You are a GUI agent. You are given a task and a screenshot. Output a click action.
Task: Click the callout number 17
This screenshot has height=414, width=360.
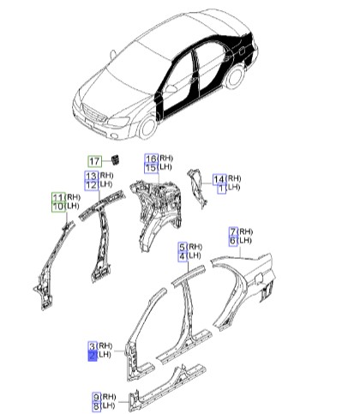point(94,161)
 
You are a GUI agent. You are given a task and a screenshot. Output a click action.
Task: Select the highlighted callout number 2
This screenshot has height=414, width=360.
point(93,356)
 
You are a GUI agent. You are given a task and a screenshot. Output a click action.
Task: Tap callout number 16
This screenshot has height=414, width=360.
point(152,159)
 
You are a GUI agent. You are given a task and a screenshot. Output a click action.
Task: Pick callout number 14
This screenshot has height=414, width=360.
point(219,179)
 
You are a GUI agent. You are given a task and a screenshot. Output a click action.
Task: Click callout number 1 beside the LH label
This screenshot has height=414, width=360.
point(222,189)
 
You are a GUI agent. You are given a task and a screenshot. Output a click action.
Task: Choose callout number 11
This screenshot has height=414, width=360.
point(58,197)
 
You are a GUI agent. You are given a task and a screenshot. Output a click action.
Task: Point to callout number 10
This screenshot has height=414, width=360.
point(58,207)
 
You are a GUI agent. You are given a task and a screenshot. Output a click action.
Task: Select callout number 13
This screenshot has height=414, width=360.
point(92,176)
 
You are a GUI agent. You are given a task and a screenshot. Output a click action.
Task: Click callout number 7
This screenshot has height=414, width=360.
point(233,231)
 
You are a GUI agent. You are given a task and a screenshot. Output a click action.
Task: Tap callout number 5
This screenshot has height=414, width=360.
point(183,247)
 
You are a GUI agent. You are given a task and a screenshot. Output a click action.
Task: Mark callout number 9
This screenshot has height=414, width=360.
point(97,397)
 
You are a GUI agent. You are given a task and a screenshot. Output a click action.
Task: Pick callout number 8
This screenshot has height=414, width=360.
point(97,406)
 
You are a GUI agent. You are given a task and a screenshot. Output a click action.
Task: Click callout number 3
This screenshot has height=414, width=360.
point(93,346)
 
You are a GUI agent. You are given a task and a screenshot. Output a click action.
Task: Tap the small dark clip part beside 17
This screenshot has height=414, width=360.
point(116,159)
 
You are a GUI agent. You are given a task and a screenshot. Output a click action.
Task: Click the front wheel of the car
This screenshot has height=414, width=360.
point(148,127)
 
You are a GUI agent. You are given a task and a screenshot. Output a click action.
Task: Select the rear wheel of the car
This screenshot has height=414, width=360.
point(235,77)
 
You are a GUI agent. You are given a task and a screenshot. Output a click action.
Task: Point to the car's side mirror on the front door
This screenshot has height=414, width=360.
point(172,89)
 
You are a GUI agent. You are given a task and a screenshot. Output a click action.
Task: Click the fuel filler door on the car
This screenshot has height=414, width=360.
point(241,51)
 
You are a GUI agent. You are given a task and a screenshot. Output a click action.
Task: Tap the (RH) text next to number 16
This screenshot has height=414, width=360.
point(166,158)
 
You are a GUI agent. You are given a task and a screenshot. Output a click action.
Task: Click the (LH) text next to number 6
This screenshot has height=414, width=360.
point(245,240)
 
